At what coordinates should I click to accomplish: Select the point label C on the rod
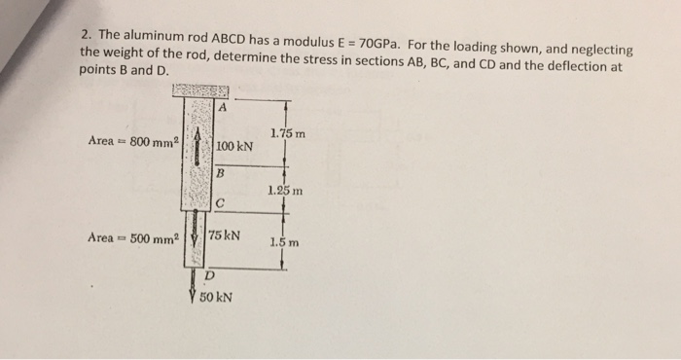click(x=222, y=203)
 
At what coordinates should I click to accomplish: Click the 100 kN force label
click(x=233, y=147)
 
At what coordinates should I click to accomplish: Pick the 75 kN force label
click(x=225, y=236)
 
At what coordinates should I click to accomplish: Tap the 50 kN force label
click(x=215, y=298)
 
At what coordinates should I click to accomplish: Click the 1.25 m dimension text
click(x=284, y=191)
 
